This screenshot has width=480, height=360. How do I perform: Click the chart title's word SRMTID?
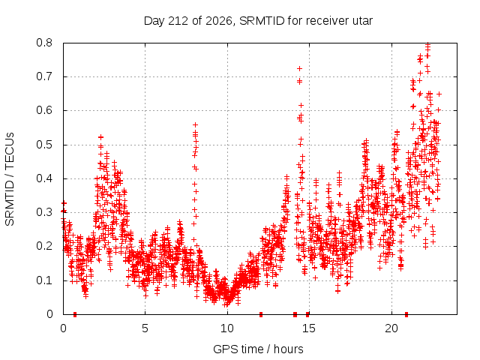click(262, 21)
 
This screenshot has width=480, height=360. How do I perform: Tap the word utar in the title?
click(363, 21)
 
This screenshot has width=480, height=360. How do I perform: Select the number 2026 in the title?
click(218, 21)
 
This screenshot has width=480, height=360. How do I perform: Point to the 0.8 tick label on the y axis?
click(45, 43)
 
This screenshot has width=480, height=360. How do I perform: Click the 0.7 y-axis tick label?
click(45, 76)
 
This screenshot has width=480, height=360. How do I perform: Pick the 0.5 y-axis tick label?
click(45, 145)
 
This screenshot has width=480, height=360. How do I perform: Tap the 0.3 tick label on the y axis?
click(45, 212)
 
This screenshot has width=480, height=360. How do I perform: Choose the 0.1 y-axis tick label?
click(45, 280)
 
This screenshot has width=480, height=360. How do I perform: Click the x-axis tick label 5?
click(145, 328)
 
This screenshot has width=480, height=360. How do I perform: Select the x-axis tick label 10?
click(227, 328)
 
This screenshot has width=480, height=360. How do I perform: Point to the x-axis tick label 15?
click(309, 328)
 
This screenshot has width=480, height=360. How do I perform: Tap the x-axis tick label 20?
click(391, 328)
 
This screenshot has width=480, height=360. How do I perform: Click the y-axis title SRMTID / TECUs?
click(10, 179)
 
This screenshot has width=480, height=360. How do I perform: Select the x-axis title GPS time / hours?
click(258, 349)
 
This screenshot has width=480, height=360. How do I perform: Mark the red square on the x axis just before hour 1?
click(75, 314)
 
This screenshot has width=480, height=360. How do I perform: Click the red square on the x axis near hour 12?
click(261, 314)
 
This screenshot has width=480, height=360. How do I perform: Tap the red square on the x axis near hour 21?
click(406, 314)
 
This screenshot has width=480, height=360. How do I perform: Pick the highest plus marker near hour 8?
click(195, 125)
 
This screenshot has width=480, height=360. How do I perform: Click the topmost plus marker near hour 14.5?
click(300, 68)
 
